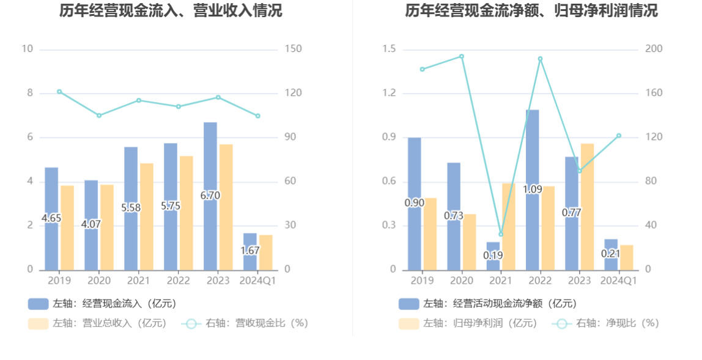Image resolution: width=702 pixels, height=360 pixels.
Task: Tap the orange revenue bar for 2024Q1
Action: coord(265,252)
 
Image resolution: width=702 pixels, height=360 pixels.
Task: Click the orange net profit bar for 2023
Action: coord(587,207)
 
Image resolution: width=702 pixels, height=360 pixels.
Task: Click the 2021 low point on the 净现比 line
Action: coord(501,234)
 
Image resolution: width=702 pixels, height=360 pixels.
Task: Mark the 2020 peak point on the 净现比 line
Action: coord(462,56)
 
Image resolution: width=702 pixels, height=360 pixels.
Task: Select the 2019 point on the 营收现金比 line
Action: coord(59,92)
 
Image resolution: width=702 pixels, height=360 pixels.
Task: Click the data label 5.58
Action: coord(131,208)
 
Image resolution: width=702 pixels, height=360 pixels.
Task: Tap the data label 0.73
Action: coord(453,215)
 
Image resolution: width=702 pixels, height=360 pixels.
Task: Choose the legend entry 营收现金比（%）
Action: coord(245,323)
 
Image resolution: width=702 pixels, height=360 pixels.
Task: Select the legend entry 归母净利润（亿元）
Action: coord(468,323)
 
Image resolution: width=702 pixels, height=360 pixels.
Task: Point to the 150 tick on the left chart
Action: coord(294,49)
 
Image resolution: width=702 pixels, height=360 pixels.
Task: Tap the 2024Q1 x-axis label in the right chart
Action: coord(619,281)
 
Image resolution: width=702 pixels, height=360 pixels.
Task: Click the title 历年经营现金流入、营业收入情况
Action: coord(171,10)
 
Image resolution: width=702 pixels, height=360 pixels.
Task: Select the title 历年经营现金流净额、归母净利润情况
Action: coord(531,10)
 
